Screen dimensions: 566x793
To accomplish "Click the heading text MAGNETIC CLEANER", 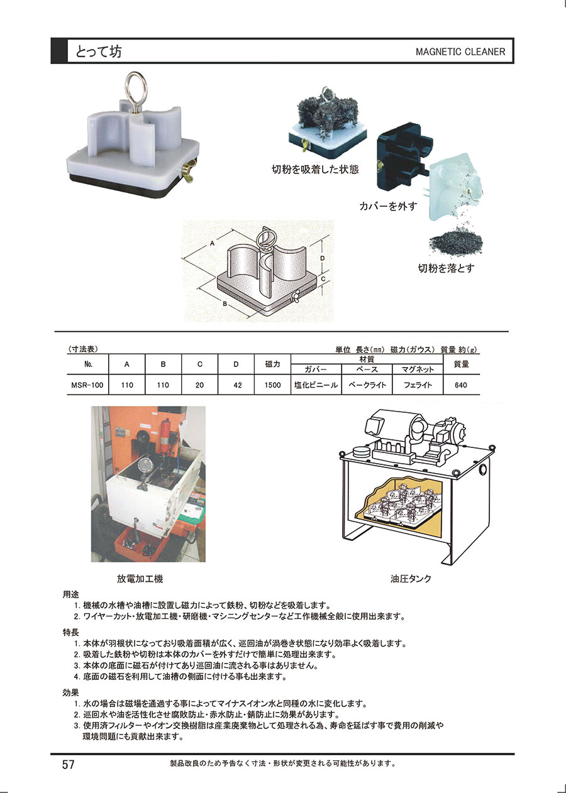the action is click(x=460, y=52).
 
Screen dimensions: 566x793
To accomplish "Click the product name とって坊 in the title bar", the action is click(x=98, y=52).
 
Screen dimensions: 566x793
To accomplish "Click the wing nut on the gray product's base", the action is click(x=189, y=170).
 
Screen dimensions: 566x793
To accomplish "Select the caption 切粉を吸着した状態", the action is click(x=315, y=170).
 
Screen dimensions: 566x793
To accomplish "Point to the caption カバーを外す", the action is click(x=388, y=206).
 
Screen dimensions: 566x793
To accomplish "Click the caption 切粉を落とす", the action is click(x=447, y=268).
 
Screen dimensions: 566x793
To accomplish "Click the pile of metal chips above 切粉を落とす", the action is click(x=455, y=241).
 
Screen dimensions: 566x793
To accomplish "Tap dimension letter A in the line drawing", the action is click(x=212, y=243).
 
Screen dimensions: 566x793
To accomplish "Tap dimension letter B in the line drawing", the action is click(x=225, y=304).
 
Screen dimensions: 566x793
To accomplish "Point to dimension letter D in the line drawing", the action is click(x=322, y=258).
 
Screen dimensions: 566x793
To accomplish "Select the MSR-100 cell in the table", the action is click(x=87, y=385).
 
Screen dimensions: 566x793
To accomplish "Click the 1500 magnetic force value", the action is click(x=272, y=385).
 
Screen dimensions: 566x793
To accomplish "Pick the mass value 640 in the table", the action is click(x=461, y=385).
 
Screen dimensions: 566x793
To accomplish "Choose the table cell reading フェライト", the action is click(x=418, y=385).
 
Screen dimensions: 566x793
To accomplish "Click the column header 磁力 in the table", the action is click(x=272, y=364).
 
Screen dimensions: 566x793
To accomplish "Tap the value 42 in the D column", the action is click(x=238, y=385).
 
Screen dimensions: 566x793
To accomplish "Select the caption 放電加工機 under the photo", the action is click(x=140, y=579).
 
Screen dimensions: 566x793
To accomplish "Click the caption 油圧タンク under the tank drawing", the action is click(x=411, y=579).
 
